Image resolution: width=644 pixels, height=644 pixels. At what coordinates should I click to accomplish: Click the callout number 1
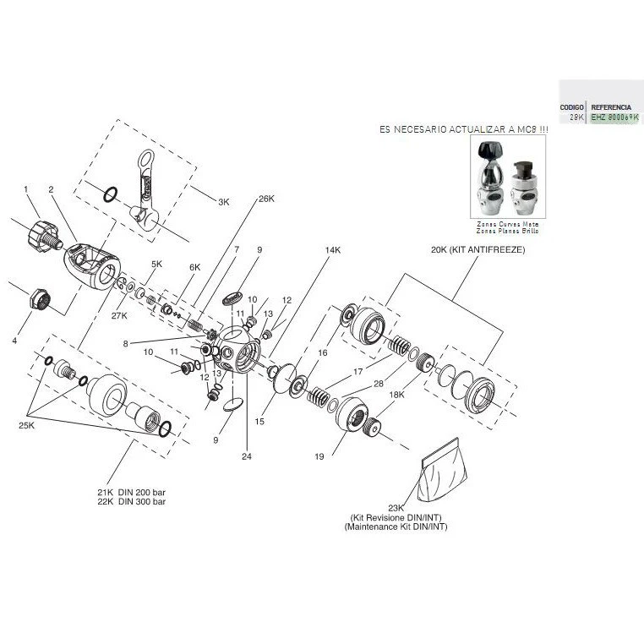pos(26,188)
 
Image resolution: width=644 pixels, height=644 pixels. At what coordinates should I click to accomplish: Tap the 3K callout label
pos(223,203)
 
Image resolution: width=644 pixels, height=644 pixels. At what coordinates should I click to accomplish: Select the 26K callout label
pos(267,199)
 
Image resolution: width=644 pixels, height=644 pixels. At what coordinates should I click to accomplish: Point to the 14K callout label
pos(332,251)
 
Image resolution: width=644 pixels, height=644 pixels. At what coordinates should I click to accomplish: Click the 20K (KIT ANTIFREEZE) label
pos(478,251)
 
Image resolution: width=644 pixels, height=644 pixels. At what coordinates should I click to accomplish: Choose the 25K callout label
pos(26,426)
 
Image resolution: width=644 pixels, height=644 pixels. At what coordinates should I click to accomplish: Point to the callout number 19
pos(319,456)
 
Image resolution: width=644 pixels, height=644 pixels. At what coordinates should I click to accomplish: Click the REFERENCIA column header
pos(610,108)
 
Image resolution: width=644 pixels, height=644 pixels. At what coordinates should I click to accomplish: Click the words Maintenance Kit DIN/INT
pos(396,527)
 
